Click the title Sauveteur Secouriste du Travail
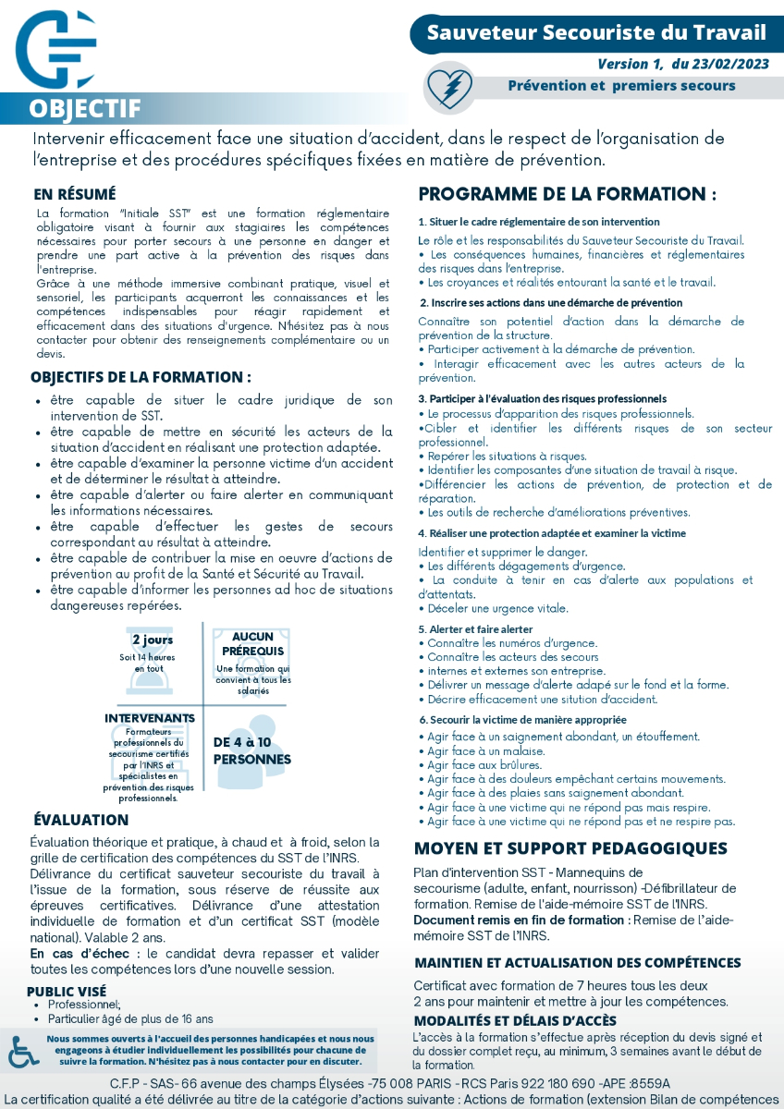click(x=596, y=33)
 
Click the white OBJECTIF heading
click(x=84, y=109)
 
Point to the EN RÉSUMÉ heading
click(x=75, y=195)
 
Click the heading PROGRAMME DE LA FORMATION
click(x=568, y=195)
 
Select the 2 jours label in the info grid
click(x=153, y=640)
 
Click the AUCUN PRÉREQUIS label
click(x=252, y=644)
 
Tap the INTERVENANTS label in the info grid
click(x=150, y=717)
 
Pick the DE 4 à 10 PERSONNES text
click(x=252, y=750)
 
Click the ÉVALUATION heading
click(x=81, y=820)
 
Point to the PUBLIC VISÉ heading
click(x=66, y=992)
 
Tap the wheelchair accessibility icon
click(x=23, y=1052)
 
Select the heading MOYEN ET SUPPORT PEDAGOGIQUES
click(x=570, y=848)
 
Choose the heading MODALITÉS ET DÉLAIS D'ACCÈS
click(x=515, y=1020)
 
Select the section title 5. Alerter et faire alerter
click(x=475, y=628)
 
